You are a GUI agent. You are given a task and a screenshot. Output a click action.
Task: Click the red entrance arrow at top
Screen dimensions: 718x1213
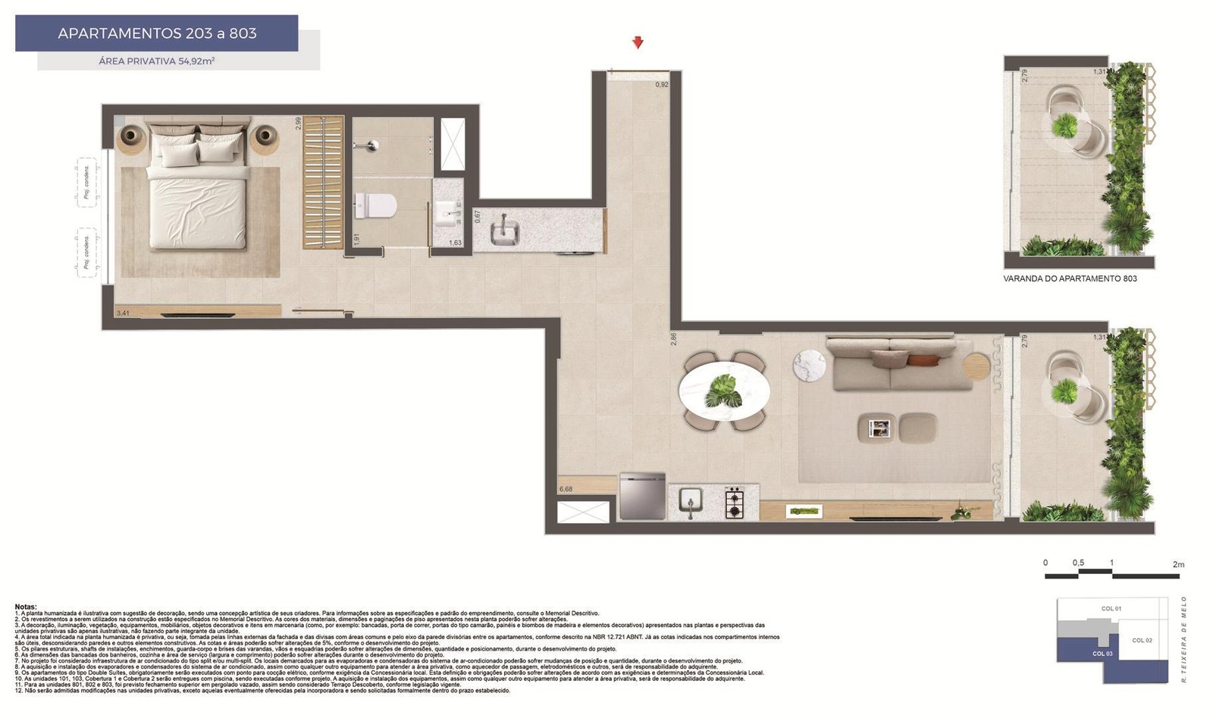pos(638,42)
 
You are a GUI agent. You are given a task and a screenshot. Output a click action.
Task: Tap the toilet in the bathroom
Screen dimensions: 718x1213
pos(377,205)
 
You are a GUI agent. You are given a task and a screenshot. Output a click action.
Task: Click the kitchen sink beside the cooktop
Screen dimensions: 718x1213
pos(691,502)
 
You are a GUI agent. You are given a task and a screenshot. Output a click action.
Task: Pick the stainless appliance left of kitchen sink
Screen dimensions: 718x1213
pos(642,497)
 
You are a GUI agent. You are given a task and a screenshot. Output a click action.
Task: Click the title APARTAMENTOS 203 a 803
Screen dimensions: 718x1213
pos(157,33)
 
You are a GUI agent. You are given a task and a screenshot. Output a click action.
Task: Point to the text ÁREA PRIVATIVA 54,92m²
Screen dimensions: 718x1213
pos(157,61)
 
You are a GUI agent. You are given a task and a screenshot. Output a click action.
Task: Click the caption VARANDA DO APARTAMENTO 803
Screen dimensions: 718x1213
pos(1070,279)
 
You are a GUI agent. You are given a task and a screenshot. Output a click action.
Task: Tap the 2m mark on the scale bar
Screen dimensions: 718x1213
pos(1177,565)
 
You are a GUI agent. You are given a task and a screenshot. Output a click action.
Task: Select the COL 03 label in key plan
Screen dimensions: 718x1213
pos(1102,653)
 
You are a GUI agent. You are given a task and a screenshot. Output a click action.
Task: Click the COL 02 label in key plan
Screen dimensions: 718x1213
pos(1142,641)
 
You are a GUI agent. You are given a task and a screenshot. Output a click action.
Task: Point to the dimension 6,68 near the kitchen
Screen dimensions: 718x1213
pos(566,489)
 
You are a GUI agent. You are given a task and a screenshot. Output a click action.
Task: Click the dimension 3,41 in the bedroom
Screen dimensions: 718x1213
pos(123,313)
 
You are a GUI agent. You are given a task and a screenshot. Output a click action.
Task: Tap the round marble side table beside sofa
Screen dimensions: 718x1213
pos(809,365)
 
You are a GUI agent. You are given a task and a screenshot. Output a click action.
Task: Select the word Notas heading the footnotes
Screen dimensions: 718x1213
pos(25,607)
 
